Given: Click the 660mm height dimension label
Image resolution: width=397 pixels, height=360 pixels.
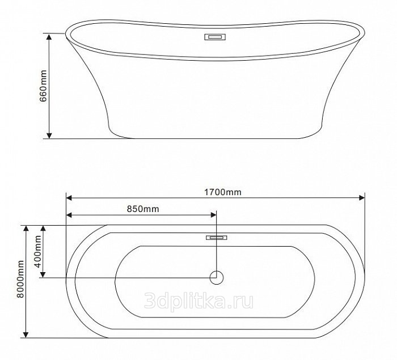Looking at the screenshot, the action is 43,86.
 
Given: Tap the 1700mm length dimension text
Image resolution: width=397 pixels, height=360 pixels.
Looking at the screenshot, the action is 223,192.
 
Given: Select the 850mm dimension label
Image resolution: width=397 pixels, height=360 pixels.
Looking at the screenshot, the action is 143,209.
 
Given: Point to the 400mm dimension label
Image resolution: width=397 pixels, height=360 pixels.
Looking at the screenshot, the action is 38,251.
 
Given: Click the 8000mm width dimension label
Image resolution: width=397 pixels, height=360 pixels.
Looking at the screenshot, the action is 20,279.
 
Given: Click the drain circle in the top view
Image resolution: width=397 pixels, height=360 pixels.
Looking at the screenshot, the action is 217,277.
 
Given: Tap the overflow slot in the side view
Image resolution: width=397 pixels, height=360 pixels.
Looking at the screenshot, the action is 215,37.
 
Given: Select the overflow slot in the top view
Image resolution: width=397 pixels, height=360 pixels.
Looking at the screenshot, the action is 216,238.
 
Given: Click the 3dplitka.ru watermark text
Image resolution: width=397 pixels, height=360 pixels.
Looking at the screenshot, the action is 198,301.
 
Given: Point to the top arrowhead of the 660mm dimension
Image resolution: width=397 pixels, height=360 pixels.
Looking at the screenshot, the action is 49,37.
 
